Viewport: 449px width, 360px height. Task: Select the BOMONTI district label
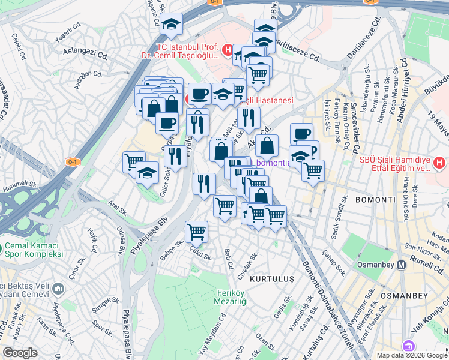[x=375, y=199]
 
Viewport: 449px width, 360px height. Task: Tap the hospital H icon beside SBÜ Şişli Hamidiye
[x=439, y=162]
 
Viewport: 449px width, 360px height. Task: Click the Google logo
[x=20, y=353]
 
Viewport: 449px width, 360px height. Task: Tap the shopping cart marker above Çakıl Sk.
[x=197, y=231]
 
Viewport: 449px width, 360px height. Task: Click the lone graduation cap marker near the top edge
[x=172, y=25]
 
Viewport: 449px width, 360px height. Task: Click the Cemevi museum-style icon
[x=59, y=290]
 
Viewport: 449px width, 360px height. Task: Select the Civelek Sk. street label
[x=247, y=265]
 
